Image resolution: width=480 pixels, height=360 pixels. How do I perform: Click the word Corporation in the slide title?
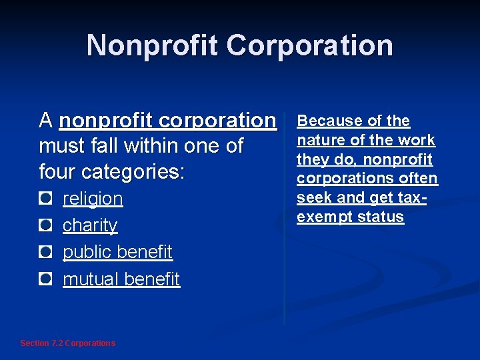click(x=309, y=46)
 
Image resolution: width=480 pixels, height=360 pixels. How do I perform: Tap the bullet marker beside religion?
click(x=45, y=198)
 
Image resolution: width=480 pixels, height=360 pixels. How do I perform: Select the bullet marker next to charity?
click(x=45, y=225)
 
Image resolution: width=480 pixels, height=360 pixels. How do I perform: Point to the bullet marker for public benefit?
click(x=45, y=251)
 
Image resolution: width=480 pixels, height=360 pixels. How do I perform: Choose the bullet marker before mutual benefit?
click(x=45, y=279)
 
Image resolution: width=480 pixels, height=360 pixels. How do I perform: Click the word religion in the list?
click(x=93, y=199)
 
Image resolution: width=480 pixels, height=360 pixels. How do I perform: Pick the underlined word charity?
click(x=90, y=226)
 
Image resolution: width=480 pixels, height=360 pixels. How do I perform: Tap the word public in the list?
click(x=87, y=253)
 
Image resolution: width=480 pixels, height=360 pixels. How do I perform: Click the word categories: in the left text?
click(x=133, y=172)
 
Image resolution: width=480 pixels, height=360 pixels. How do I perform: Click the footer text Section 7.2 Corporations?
click(x=67, y=343)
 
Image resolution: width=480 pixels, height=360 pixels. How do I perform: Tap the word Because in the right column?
click(x=325, y=121)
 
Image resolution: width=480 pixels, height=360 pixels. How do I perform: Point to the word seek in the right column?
click(x=311, y=198)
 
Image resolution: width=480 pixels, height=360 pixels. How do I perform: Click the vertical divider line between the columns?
click(x=285, y=220)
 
